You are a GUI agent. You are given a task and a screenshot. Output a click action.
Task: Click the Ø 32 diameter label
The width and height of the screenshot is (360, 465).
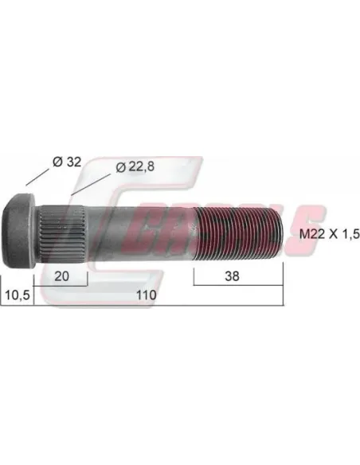[x=66, y=162]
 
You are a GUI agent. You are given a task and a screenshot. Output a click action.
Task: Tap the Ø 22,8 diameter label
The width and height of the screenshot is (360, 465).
[x=135, y=167]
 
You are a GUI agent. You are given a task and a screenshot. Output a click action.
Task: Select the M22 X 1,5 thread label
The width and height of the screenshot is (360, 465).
[x=329, y=234]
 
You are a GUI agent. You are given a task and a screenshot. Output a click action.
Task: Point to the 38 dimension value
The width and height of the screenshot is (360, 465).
[x=232, y=276]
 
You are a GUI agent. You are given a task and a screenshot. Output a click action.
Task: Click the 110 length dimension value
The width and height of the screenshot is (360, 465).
[x=147, y=295]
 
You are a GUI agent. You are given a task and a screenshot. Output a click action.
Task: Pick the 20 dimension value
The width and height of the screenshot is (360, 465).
[x=62, y=276]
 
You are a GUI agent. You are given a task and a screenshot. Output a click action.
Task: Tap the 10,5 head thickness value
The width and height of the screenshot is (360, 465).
[x=18, y=295]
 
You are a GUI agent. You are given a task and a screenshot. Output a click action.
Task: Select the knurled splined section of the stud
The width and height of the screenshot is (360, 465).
[x=62, y=232]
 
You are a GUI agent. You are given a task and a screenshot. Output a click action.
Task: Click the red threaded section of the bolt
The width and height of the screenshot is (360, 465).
[x=239, y=232]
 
